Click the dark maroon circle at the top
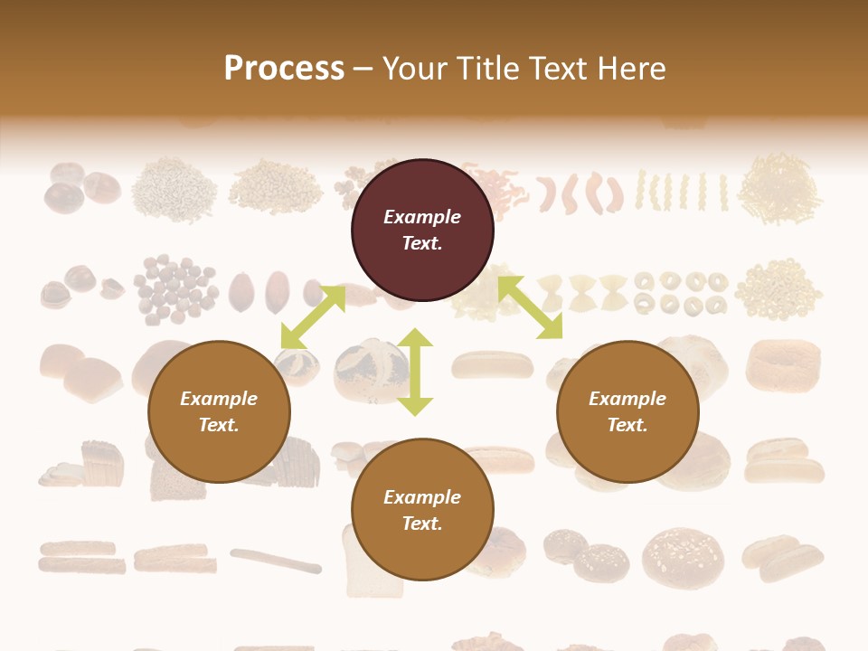(422, 231)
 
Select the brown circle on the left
(219, 412)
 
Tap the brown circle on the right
(627, 412)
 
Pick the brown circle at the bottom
(422, 510)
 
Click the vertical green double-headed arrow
(415, 372)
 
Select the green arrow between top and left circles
(313, 317)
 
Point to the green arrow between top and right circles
(530, 307)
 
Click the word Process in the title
(284, 68)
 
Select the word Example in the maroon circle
(422, 217)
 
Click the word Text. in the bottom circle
(422, 524)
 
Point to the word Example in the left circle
(219, 399)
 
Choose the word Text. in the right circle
(627, 425)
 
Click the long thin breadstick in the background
(276, 561)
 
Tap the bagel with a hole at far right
(783, 364)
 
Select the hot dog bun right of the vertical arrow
(493, 364)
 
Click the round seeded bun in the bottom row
(683, 556)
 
